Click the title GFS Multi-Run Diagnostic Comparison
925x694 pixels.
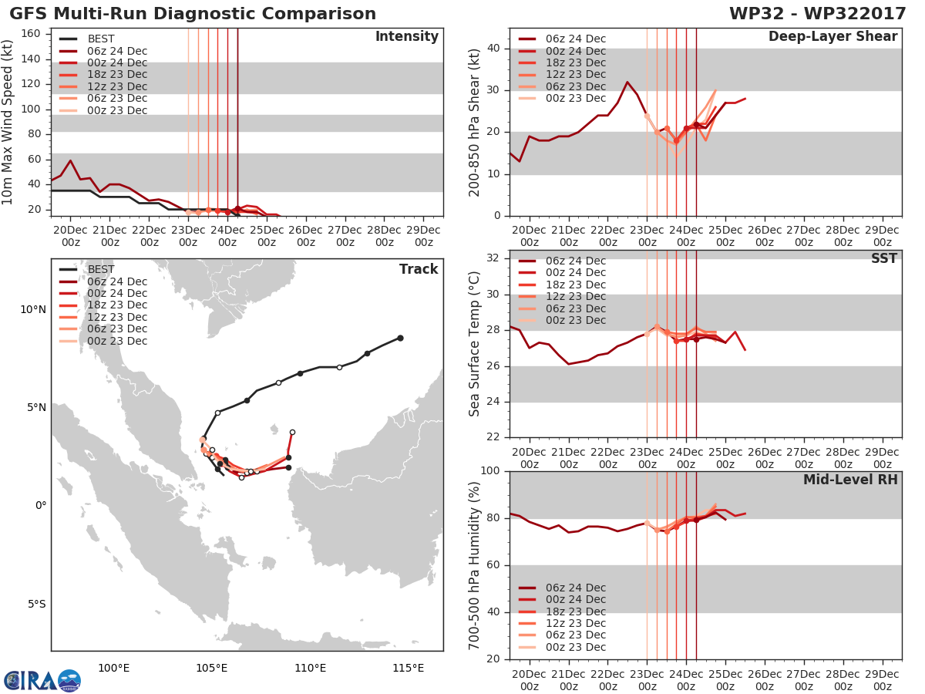(193, 13)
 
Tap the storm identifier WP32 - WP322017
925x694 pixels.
(818, 13)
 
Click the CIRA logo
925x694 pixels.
(42, 680)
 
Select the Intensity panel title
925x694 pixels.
(407, 37)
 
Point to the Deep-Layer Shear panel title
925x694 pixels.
(832, 37)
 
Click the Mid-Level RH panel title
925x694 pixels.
(850, 480)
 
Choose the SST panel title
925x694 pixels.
(884, 258)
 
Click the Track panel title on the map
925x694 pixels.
(419, 269)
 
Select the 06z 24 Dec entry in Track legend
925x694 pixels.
(103, 281)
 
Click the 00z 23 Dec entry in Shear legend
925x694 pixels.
(562, 98)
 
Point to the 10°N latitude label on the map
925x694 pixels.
(33, 310)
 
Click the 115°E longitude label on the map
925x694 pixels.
(408, 668)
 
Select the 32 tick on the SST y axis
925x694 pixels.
(493, 258)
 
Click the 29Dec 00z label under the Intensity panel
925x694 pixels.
(423, 236)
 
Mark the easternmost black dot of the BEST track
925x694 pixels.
(400, 338)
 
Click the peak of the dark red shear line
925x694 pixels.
(627, 83)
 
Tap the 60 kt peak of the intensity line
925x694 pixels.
(70, 160)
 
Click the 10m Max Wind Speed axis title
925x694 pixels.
(7, 122)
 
